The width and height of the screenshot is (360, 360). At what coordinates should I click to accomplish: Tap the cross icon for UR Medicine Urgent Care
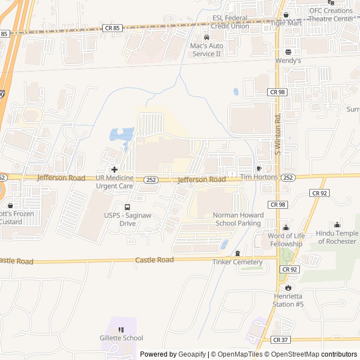coord(114,169)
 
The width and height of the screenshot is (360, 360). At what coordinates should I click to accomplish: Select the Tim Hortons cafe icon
coord(259,168)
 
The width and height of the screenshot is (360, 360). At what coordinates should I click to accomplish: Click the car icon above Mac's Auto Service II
coord(206,37)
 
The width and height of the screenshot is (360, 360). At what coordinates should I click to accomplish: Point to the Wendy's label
coord(288,60)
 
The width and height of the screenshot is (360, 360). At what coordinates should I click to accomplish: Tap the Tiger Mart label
coord(286,23)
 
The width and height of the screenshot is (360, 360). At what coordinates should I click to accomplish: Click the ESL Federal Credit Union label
coord(231,22)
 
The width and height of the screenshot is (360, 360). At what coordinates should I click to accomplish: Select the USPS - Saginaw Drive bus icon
coord(127,207)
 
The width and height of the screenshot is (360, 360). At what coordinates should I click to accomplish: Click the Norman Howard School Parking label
coord(237,219)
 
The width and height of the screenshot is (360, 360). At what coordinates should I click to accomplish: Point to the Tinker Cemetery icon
coord(237,254)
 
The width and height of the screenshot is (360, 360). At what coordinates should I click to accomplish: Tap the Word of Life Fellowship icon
coord(285,228)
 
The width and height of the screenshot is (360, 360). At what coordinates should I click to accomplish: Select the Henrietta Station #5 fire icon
coord(289,287)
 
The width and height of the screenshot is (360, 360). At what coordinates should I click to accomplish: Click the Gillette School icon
coord(121,330)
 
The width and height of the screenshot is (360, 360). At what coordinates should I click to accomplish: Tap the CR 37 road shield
coord(280,340)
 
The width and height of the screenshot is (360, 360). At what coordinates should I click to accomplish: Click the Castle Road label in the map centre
coord(154,260)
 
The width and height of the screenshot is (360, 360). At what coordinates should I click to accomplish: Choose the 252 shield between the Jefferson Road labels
coord(150,180)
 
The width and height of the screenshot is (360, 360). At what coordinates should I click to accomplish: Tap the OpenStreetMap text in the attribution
coord(292,354)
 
